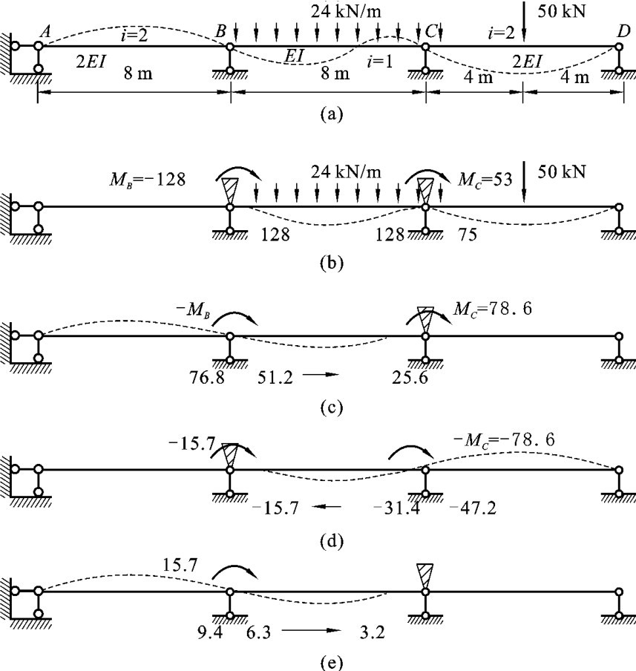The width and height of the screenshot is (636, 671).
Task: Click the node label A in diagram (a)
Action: (45, 31)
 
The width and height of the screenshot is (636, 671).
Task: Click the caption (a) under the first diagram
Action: (329, 114)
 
